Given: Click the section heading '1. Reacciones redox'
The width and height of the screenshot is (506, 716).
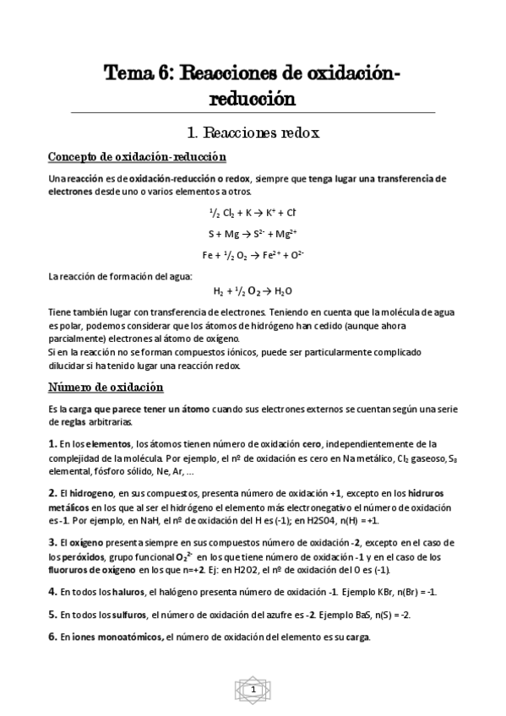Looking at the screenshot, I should [252, 133].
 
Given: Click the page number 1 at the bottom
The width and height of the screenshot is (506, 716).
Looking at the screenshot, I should [253, 691].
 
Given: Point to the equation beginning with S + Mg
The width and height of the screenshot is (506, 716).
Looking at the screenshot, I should [252, 233].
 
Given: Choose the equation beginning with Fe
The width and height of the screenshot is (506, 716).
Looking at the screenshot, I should [253, 254].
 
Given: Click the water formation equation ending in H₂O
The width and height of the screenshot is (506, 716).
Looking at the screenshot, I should [252, 290].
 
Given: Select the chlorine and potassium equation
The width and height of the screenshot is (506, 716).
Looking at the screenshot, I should [252, 212].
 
